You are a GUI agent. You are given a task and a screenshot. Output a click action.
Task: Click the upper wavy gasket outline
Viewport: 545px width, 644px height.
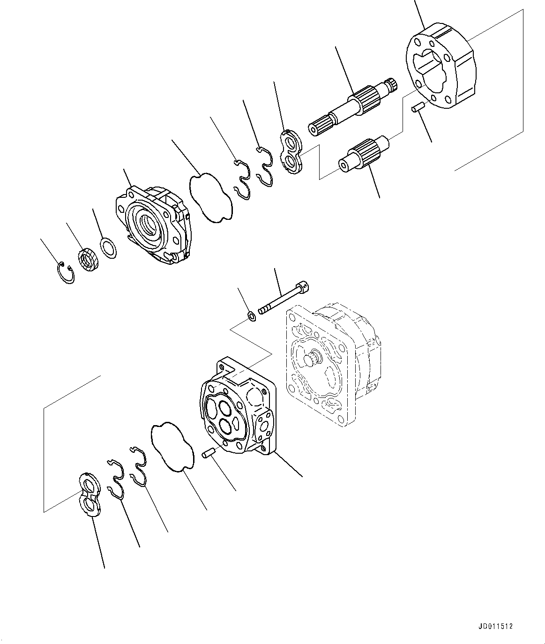210,198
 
